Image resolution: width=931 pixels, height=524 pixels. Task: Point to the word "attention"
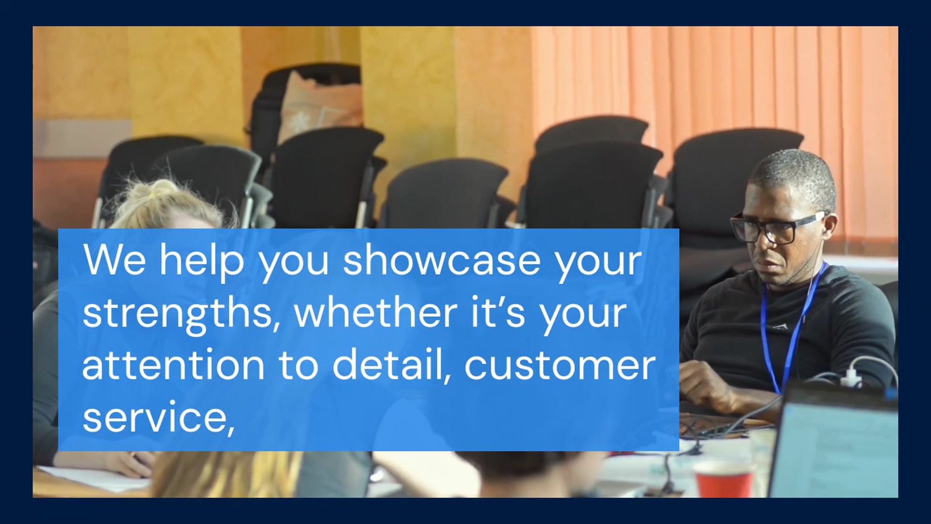pos(173,365)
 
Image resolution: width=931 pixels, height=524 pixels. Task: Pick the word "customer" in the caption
pos(560,365)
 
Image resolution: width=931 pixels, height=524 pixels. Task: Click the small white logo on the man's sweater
pos(779,327)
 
